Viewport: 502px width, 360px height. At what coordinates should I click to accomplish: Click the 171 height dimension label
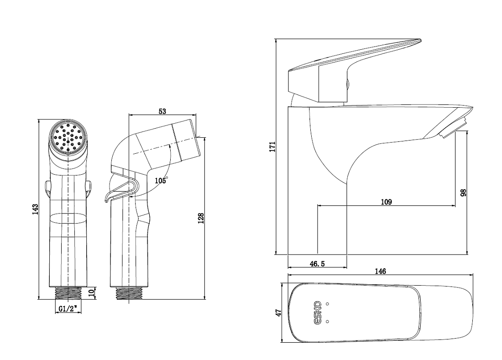point(272,146)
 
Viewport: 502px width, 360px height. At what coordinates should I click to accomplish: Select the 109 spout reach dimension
point(387,202)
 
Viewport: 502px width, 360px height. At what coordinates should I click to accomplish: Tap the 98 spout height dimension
point(463,193)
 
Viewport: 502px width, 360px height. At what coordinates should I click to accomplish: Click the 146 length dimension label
point(380,271)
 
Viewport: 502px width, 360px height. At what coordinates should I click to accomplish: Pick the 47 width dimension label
point(278,313)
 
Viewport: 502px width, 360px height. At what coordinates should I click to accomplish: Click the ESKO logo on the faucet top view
point(317,313)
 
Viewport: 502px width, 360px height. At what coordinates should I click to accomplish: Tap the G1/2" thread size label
point(68,309)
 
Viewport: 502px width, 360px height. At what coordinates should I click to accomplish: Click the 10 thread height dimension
point(92,293)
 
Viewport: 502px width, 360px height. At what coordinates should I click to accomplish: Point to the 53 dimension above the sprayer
point(162,111)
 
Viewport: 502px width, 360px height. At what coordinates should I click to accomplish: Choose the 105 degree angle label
point(161,181)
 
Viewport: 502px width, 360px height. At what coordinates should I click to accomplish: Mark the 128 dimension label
point(201,218)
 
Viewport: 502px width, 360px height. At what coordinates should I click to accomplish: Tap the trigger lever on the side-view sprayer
point(121,190)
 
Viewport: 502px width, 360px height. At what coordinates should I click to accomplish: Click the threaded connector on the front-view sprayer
point(68,293)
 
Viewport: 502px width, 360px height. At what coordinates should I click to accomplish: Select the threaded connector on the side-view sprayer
point(129,293)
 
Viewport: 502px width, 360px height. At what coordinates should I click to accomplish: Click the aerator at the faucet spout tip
point(453,128)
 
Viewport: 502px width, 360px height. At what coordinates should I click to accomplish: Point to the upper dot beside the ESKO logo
point(327,304)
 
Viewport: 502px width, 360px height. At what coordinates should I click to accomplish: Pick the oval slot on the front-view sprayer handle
point(68,218)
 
